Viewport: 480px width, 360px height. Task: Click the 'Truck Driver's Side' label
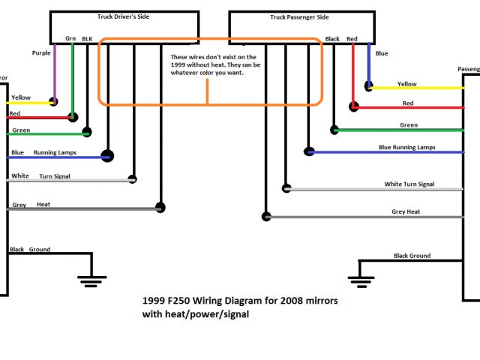click(124, 16)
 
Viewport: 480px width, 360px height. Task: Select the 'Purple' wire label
click(42, 53)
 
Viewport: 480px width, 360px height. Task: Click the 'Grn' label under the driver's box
click(70, 38)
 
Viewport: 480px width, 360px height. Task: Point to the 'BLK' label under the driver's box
click(87, 38)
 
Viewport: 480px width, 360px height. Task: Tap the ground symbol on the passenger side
click(362, 280)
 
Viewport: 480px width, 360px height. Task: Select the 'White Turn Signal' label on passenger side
click(409, 184)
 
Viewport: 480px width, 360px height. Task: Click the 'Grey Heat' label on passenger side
click(406, 212)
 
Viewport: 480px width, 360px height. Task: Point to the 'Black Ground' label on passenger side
click(412, 256)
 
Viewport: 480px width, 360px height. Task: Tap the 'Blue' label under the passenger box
click(382, 53)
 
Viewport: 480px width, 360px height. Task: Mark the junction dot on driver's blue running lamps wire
click(108, 156)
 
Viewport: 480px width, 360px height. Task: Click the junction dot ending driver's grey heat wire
click(160, 208)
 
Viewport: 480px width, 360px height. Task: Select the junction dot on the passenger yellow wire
click(368, 87)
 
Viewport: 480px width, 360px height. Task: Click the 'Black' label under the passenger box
click(332, 39)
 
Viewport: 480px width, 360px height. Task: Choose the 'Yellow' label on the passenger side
click(407, 84)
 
